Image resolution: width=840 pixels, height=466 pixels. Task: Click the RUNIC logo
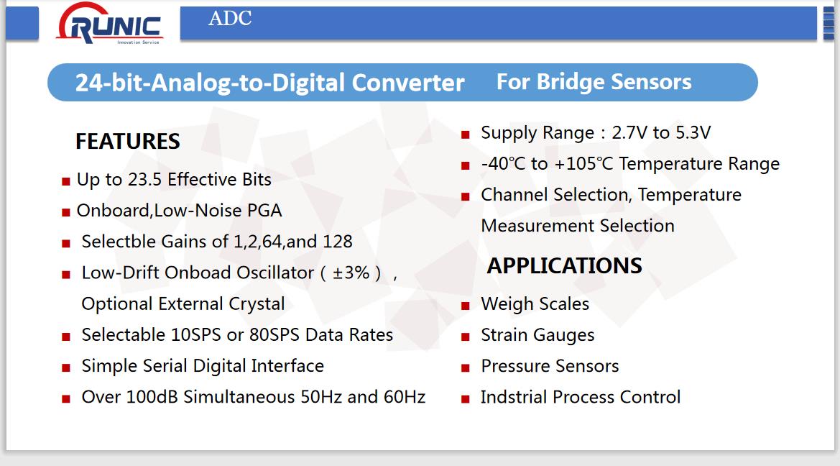[109, 24]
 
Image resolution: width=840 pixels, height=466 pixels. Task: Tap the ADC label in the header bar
[230, 18]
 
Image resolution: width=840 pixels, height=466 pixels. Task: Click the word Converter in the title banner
[408, 83]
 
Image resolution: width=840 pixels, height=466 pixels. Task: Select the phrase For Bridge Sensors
[594, 82]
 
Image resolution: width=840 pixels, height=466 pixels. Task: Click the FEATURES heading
[127, 142]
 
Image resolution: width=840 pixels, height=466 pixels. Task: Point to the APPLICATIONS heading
[564, 266]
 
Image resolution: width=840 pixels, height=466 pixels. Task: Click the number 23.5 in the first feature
[144, 180]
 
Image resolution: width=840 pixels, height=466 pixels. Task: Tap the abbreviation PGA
[264, 211]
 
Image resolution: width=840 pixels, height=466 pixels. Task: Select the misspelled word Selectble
[119, 242]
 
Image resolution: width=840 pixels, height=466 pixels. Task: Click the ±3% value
[351, 273]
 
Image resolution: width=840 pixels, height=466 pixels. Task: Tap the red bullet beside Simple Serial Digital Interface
[66, 368]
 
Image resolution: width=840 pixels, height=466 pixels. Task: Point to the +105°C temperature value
[584, 164]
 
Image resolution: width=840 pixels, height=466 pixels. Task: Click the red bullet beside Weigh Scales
[465, 306]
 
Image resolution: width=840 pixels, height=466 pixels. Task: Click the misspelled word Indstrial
[514, 398]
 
